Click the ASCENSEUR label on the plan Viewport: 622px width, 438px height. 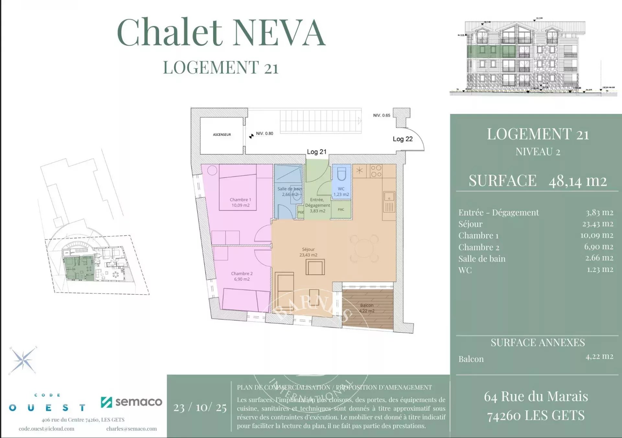tap(222, 135)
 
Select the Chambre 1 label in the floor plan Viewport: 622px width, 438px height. tap(240, 202)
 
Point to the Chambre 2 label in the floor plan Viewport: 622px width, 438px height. tap(242, 276)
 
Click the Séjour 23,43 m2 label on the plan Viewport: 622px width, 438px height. tap(308, 252)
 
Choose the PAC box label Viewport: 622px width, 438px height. tap(341, 210)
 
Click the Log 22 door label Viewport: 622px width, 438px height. tap(403, 139)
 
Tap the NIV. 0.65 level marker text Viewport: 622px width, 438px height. tap(382, 116)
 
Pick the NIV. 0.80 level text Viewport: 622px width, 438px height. tap(264, 133)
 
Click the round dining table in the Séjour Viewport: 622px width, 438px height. tap(364, 249)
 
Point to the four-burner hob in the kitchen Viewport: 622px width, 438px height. tap(376, 171)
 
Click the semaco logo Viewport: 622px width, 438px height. tap(132, 402)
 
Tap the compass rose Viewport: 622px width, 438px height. tap(23, 360)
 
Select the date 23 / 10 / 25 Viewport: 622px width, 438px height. tap(200, 407)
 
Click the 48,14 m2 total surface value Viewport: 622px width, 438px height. tap(577, 181)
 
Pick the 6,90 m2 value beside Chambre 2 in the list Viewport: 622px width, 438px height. tap(599, 247)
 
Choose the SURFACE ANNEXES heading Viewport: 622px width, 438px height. tap(537, 343)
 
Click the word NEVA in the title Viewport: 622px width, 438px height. tap(279, 33)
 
